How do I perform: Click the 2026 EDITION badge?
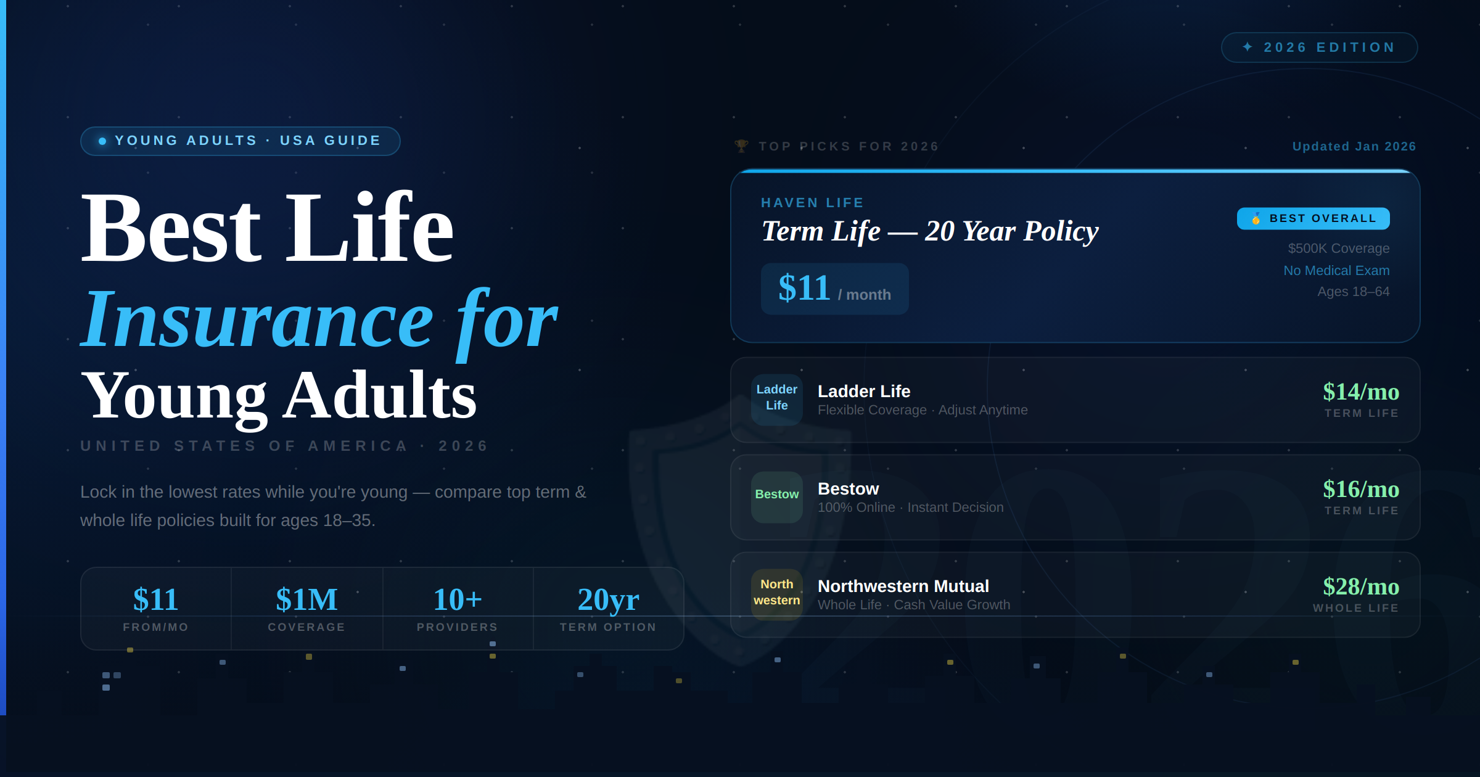1319,47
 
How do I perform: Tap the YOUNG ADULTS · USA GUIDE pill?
240,141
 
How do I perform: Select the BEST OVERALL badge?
1313,218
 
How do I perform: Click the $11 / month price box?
834,289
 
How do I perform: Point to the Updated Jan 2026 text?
1354,147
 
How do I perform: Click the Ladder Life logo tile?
776,398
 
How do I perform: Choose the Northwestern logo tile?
776,593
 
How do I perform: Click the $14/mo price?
1360,392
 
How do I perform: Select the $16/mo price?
1360,490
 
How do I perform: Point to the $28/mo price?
1360,587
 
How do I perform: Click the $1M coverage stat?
306,607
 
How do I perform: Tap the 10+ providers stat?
457,607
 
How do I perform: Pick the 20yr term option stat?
608,607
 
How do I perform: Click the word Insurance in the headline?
258,321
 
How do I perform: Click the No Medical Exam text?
1336,271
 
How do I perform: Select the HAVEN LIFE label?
812,203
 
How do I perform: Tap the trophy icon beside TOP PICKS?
741,146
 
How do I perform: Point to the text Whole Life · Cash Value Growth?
913,605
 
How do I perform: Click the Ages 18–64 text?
1353,292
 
